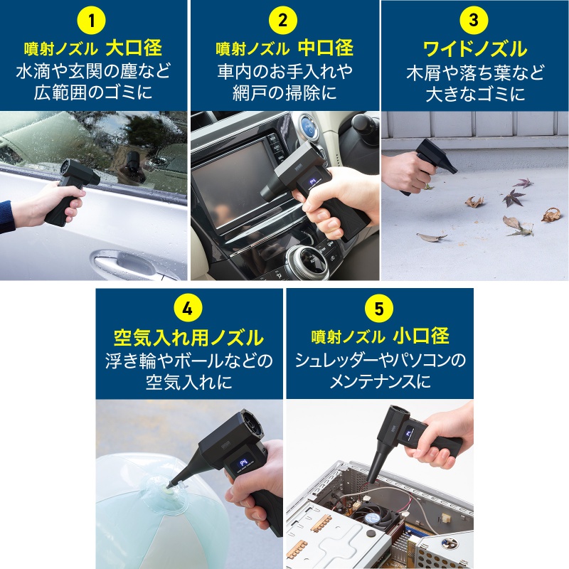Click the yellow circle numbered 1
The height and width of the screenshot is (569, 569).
click(x=92, y=19)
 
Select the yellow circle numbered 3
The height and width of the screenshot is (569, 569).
click(x=474, y=19)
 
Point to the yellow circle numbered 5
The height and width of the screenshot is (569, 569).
click(x=378, y=309)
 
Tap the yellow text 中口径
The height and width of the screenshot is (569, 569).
click(x=325, y=48)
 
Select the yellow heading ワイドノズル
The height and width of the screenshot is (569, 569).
click(x=474, y=49)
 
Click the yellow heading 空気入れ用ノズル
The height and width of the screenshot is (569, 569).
click(x=188, y=337)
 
